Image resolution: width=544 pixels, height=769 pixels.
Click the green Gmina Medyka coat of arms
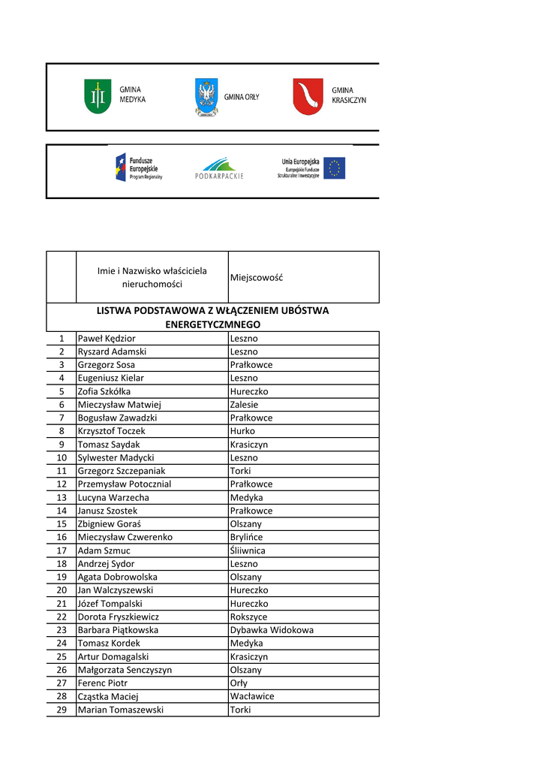(98, 97)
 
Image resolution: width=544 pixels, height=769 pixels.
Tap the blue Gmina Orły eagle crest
(206, 97)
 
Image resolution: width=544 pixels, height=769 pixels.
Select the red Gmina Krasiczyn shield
(308, 97)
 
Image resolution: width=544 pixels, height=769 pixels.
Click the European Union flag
(335, 168)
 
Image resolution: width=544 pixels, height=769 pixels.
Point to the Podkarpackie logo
(219, 168)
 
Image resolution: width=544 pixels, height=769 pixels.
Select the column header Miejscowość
(257, 278)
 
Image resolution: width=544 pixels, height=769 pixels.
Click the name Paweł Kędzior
(107, 339)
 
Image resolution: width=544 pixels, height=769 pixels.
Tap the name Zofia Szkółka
(104, 391)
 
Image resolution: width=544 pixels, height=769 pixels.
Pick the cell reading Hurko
(242, 431)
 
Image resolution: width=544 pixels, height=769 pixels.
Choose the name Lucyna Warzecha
(113, 498)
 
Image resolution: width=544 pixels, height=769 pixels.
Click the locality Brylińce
(247, 538)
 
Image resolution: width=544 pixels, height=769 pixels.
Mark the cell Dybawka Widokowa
(272, 630)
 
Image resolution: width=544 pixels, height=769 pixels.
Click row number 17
(62, 550)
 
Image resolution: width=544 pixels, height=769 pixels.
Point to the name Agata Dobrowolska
(118, 578)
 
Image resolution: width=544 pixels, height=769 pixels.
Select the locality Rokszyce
(248, 617)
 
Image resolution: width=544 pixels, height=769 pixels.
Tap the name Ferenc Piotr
(103, 683)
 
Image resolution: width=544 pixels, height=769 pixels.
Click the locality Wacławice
(252, 697)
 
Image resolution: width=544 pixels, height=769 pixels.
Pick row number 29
(62, 710)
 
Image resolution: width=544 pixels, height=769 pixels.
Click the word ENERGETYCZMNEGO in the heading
(213, 324)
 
